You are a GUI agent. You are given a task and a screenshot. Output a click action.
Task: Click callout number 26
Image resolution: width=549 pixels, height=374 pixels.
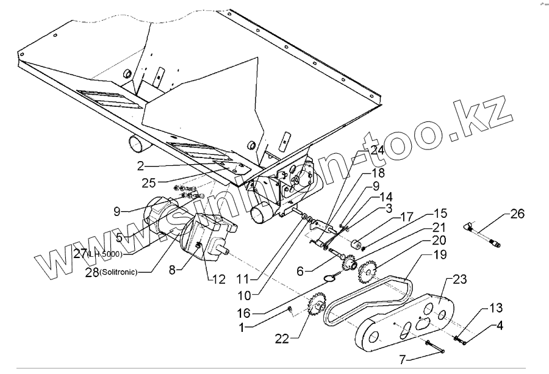coord(517,214)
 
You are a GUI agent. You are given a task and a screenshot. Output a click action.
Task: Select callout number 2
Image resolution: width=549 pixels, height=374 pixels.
coord(140,165)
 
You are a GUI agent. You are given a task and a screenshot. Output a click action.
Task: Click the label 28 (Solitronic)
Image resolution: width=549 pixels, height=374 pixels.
coord(110,273)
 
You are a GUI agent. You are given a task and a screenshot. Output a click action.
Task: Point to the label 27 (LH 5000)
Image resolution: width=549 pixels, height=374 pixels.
coord(98,253)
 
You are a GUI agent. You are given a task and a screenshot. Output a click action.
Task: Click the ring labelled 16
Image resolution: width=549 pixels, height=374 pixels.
coord(329,279)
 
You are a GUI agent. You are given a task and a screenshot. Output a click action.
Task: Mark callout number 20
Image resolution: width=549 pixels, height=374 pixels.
coord(439,239)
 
